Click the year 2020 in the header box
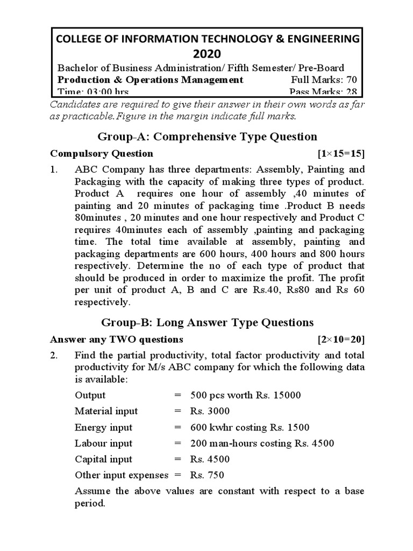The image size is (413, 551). tap(206, 53)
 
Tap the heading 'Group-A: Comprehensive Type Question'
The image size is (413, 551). tap(207, 137)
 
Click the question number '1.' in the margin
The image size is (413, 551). tap(54, 169)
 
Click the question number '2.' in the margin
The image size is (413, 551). tap(54, 355)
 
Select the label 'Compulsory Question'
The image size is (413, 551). tap(102, 154)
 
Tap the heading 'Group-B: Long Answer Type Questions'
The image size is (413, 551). tap(207, 322)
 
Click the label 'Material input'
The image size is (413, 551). tap(106, 411)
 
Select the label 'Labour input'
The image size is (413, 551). tap(103, 443)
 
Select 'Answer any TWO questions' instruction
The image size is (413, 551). tap(117, 340)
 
